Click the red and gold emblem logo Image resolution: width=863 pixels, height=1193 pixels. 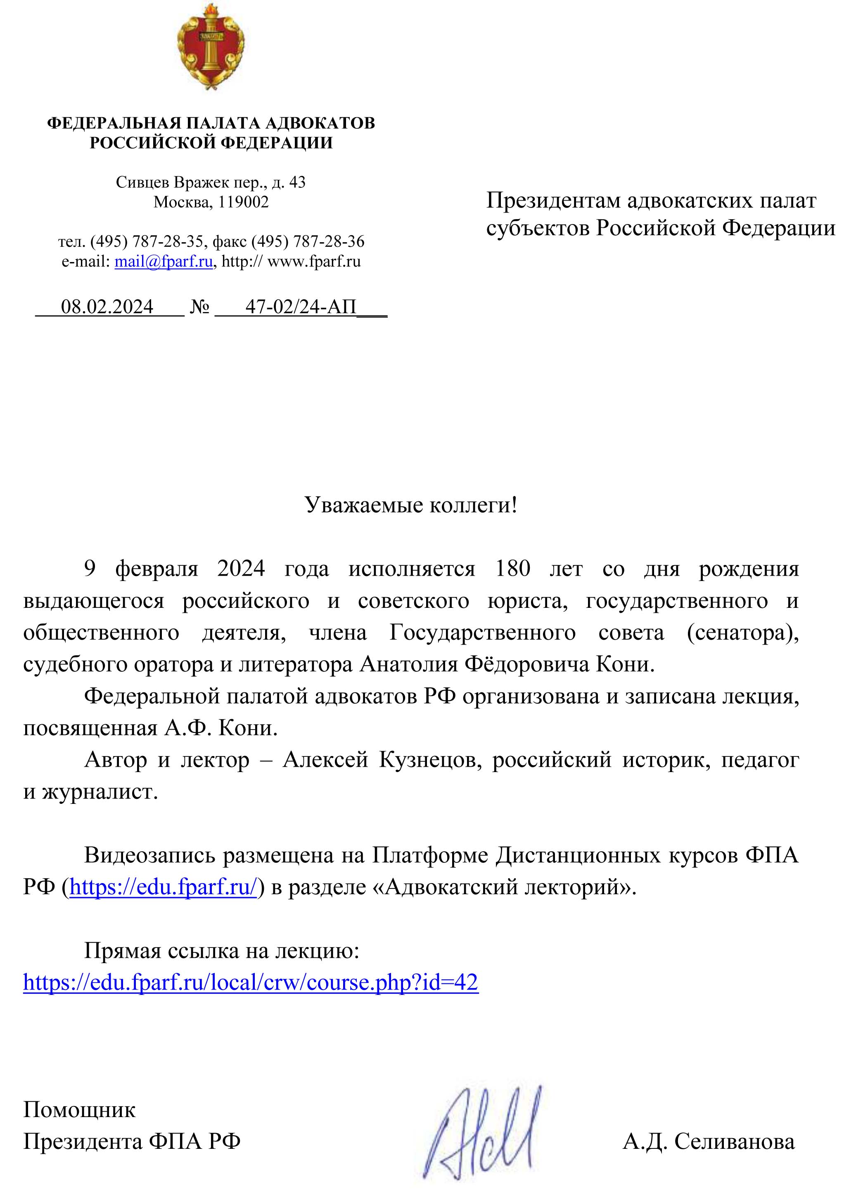click(211, 46)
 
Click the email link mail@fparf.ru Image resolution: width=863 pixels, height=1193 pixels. click(163, 262)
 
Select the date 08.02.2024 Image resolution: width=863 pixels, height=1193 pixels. click(107, 306)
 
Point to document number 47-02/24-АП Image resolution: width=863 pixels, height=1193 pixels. click(301, 306)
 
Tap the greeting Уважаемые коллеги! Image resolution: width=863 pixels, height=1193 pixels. click(411, 505)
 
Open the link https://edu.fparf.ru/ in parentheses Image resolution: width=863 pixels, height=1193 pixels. click(163, 887)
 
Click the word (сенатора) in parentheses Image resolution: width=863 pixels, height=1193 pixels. click(742, 632)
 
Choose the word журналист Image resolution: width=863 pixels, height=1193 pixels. click(100, 791)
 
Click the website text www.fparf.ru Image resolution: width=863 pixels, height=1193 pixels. click(314, 262)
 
